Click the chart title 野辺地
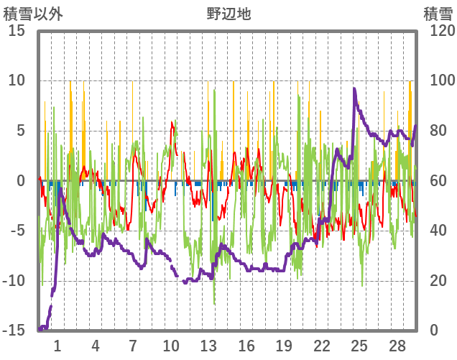click(229, 13)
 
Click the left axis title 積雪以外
click(34, 13)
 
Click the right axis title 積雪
click(437, 13)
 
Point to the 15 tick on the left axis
click(18, 31)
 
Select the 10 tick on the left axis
click(18, 80)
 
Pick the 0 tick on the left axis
click(22, 180)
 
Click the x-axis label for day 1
click(57, 346)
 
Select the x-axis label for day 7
click(133, 346)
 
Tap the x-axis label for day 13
click(208, 346)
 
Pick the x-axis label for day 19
click(284, 346)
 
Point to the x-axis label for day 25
click(359, 346)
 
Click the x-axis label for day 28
click(397, 346)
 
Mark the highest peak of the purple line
click(355, 89)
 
